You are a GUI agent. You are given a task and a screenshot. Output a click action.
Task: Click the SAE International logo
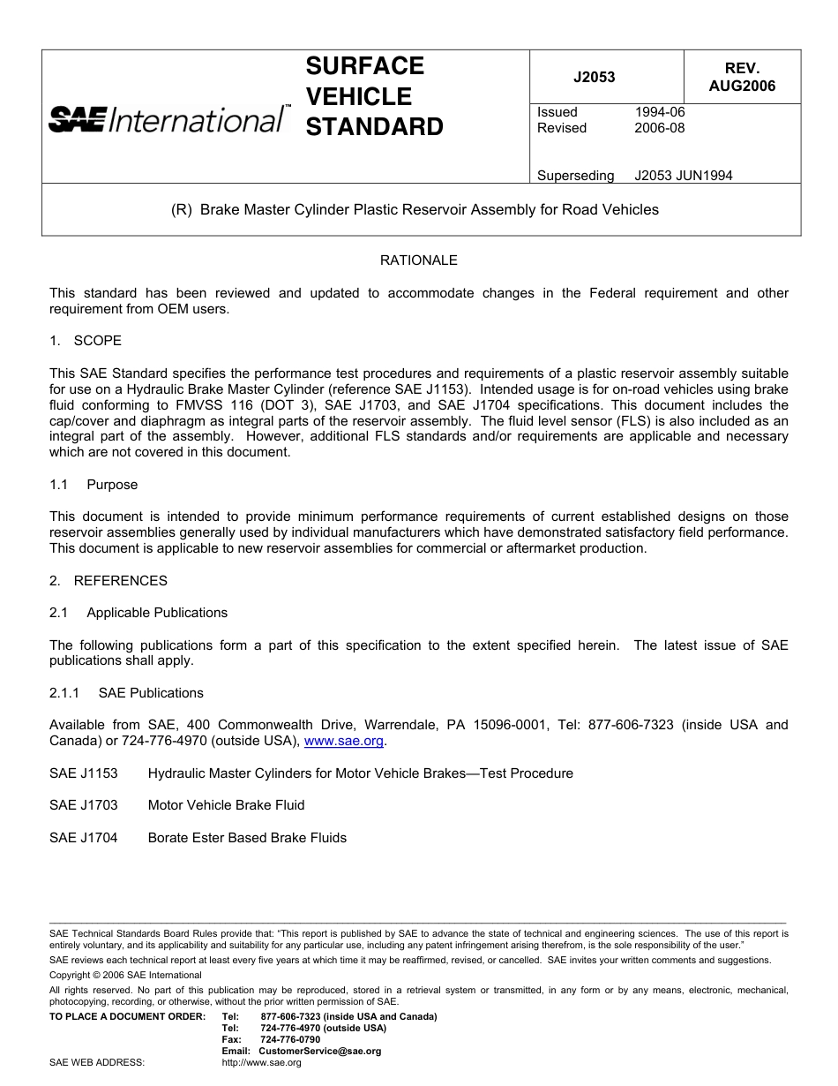click(x=168, y=119)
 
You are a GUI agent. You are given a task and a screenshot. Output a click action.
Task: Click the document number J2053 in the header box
click(x=594, y=77)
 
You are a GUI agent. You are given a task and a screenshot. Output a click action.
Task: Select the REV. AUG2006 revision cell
click(x=742, y=77)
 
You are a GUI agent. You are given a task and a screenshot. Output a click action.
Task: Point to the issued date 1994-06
click(x=659, y=112)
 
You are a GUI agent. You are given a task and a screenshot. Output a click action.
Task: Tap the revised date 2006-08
click(x=659, y=128)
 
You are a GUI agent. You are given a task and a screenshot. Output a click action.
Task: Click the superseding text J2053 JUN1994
click(x=683, y=175)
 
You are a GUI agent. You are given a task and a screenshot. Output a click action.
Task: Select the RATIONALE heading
click(x=418, y=260)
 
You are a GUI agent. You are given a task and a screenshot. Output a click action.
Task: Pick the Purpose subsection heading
click(x=112, y=485)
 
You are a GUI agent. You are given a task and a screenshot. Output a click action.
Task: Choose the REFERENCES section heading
click(x=108, y=581)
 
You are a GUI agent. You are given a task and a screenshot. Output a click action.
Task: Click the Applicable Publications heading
click(x=156, y=613)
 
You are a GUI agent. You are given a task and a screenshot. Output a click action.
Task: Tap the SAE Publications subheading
click(x=151, y=693)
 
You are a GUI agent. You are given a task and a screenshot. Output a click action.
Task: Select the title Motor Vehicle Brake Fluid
click(x=226, y=805)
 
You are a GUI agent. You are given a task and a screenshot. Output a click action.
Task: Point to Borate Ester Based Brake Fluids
click(x=247, y=838)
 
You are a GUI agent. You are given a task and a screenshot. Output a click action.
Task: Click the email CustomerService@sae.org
click(x=319, y=1051)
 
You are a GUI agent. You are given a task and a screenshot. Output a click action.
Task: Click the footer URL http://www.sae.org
click(x=261, y=1063)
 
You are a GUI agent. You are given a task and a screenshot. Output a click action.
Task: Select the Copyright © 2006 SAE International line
click(x=125, y=975)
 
